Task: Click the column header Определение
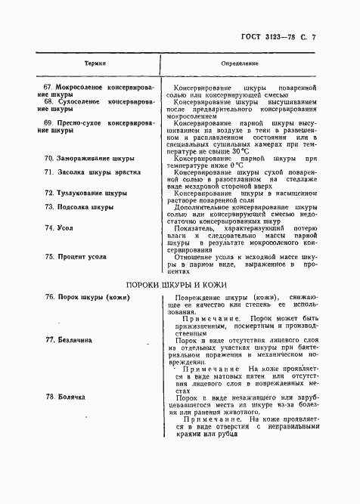click(x=241, y=65)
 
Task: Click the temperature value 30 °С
click(x=240, y=151)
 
